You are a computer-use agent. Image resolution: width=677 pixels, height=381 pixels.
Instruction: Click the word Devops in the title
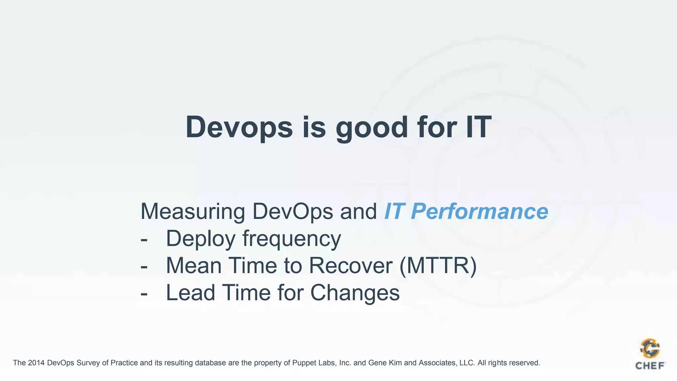[239, 128]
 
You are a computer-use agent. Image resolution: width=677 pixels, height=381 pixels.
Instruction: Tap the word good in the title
[372, 128]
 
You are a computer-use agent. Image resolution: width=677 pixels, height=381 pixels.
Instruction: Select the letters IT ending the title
[479, 127]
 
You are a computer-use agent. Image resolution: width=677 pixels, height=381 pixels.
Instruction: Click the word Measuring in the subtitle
[193, 212]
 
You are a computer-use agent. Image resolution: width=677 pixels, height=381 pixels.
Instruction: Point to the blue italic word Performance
[480, 212]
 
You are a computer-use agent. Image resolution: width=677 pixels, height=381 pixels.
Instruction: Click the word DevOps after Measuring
[293, 212]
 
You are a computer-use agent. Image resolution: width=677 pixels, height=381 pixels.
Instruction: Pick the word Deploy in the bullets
[200, 239]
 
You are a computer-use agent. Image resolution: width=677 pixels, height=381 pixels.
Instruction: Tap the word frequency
[292, 239]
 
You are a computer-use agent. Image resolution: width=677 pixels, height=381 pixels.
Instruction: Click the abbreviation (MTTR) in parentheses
[438, 266]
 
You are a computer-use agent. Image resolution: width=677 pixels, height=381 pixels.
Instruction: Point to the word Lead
[190, 293]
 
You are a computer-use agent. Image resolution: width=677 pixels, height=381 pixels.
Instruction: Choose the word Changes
[355, 293]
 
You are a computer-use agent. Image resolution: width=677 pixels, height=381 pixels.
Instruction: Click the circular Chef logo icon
[650, 349]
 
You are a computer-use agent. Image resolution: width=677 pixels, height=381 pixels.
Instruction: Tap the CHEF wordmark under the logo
[650, 366]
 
